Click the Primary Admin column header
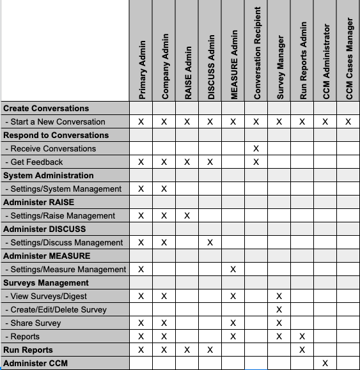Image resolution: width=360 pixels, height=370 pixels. pos(141,70)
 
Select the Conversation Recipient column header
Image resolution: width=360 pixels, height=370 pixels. pos(256,54)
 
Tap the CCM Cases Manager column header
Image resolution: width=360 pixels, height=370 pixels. pos(349,58)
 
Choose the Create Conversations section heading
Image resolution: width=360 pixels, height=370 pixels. pos(46,108)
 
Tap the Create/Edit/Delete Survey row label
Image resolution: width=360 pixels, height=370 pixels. pos(58,310)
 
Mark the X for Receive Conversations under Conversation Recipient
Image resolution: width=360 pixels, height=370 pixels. pos(256,148)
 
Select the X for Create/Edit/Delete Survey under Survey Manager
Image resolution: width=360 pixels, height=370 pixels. pos(279,310)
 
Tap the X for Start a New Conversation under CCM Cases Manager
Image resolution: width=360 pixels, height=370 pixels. pos(348,121)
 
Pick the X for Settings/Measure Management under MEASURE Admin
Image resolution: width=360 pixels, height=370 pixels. pos(233,270)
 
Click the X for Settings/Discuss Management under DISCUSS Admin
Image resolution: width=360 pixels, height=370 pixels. pos(210,243)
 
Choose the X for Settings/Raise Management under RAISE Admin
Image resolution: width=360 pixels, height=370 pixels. pos(187,216)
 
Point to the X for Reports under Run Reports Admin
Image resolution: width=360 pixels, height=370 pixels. pos(302,337)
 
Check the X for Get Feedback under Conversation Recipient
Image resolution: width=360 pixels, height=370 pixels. pos(256,162)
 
